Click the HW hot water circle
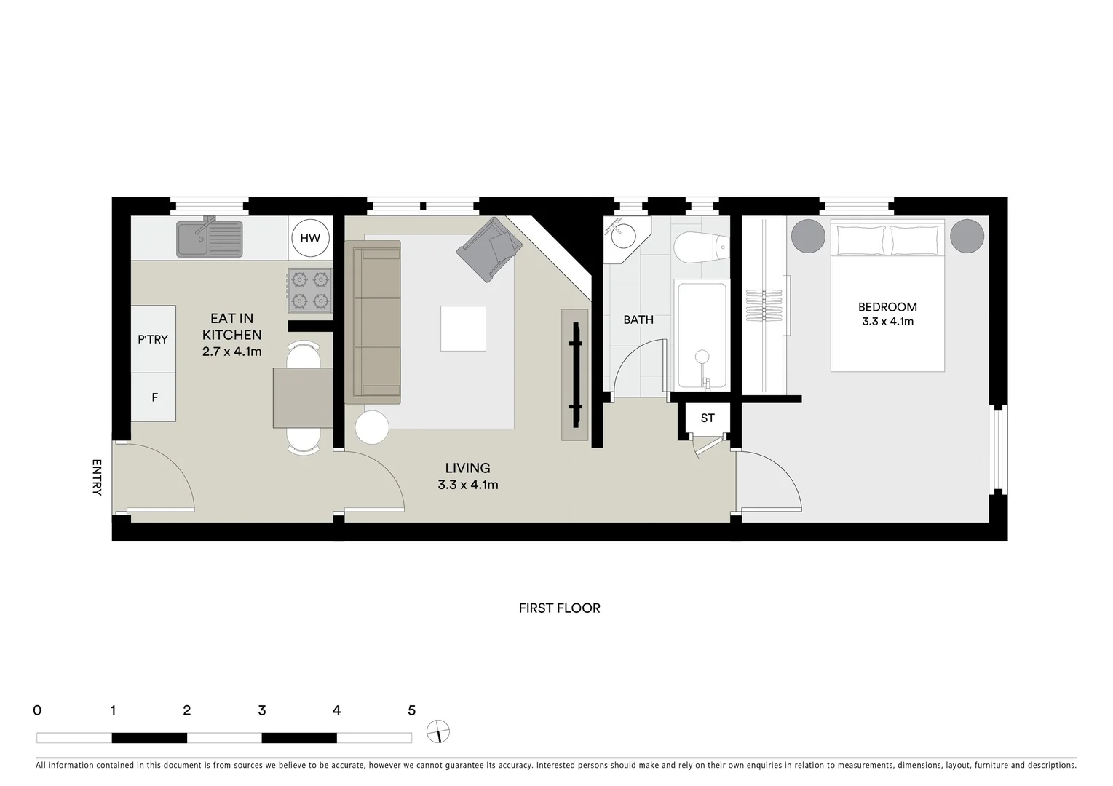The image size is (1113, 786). coord(310,238)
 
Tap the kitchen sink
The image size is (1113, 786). coord(209,239)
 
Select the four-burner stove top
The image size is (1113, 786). coord(310,290)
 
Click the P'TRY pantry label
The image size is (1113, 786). coord(153,339)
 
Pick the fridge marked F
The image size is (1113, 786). coord(154,397)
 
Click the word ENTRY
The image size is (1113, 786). coord(97,477)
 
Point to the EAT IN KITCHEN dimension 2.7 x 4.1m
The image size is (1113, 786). coord(232,352)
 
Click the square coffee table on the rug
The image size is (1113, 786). coord(463,328)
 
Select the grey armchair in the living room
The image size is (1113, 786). coord(489,250)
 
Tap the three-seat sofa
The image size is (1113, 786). coord(373,322)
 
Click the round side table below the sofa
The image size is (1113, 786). coord(372,427)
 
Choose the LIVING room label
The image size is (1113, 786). coord(468,468)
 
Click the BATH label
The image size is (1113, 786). coord(638,319)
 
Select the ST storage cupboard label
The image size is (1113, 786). coord(708,418)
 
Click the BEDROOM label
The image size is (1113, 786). coord(887,307)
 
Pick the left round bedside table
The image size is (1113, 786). coord(808,236)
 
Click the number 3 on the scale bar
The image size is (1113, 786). coord(262,710)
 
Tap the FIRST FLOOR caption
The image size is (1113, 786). coord(559,608)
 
